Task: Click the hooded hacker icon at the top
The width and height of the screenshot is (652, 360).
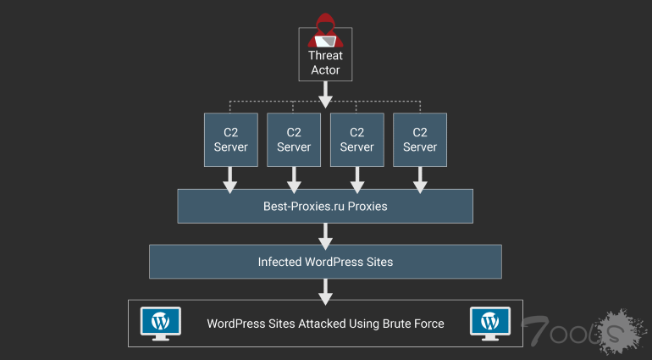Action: (x=325, y=30)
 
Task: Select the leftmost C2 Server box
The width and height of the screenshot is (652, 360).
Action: (x=230, y=139)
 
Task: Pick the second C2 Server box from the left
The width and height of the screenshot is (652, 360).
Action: (x=294, y=139)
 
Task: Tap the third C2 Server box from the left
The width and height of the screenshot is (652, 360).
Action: (x=356, y=139)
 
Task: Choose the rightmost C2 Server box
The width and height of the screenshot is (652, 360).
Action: (x=419, y=139)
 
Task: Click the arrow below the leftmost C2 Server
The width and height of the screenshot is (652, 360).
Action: (x=230, y=178)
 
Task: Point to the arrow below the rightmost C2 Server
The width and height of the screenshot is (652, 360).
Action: (x=419, y=178)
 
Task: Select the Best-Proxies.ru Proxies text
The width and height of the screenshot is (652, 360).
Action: (x=325, y=206)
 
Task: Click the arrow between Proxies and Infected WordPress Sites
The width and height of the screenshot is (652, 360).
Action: (x=325, y=234)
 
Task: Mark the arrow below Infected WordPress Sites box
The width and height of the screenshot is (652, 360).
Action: (x=325, y=290)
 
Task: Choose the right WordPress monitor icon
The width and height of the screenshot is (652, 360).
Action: (x=489, y=322)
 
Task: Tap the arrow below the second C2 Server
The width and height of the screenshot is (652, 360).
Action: (x=294, y=178)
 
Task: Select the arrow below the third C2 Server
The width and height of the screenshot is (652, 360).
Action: (x=356, y=178)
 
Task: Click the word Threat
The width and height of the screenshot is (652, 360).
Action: (x=325, y=56)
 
